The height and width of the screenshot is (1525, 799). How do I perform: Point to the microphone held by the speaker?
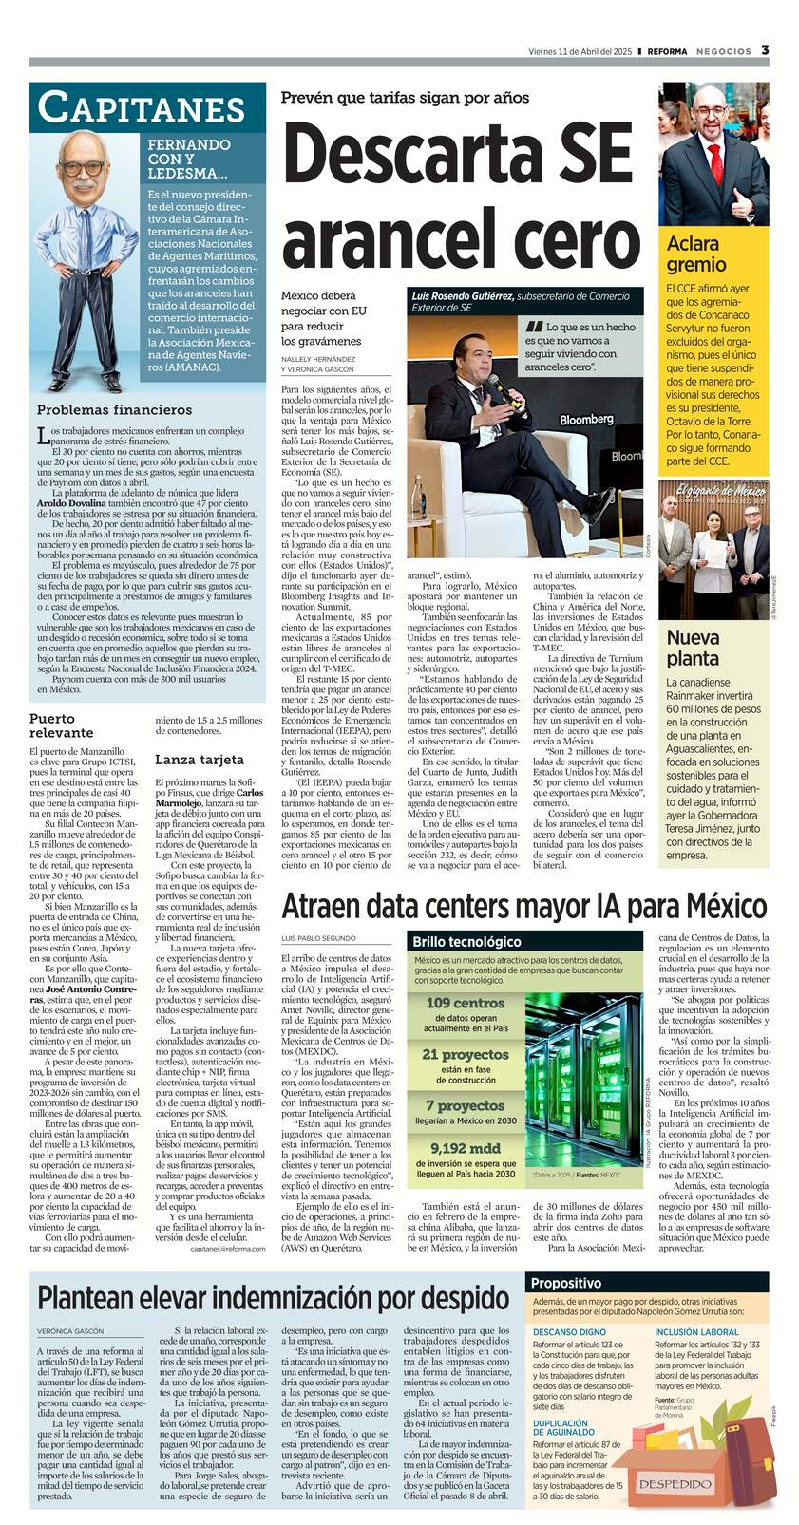click(494, 385)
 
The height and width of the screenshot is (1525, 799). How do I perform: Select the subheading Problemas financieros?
click(114, 409)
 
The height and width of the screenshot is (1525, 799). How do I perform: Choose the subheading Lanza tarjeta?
click(200, 759)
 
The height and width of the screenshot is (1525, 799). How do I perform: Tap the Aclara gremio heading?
click(696, 254)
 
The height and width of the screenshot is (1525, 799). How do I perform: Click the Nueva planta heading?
click(693, 647)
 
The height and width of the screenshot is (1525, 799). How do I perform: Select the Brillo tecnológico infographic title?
click(466, 942)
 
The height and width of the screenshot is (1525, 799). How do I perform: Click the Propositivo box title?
click(567, 1282)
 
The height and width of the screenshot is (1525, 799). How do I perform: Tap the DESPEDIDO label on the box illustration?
click(675, 1484)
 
